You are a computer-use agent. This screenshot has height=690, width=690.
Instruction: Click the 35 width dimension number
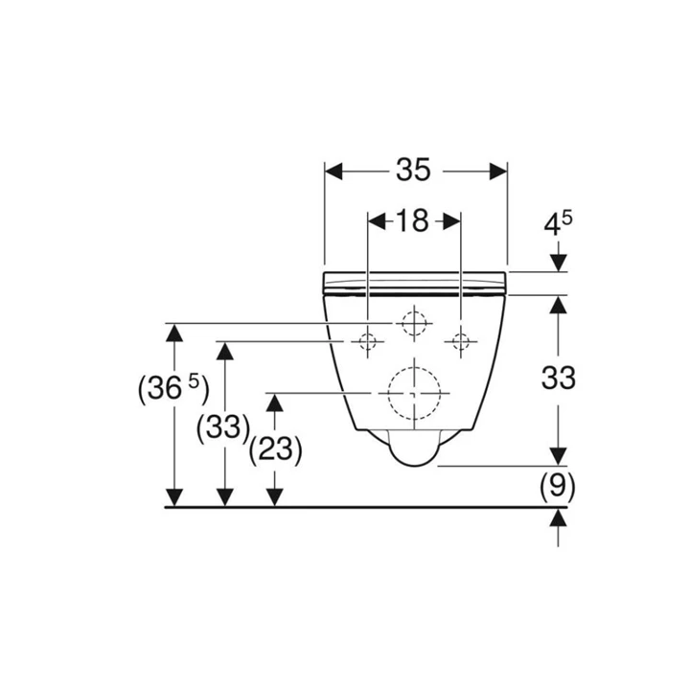click(x=415, y=170)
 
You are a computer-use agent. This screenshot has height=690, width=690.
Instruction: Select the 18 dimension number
click(x=412, y=221)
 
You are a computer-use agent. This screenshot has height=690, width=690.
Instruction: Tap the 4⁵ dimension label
click(x=558, y=225)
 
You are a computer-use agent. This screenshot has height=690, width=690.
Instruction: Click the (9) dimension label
click(x=557, y=488)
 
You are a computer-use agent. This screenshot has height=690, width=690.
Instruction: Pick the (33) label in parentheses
click(x=222, y=426)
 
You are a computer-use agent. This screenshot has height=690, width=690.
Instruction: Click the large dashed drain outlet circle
click(x=413, y=393)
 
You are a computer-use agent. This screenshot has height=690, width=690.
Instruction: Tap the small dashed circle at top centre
click(x=413, y=324)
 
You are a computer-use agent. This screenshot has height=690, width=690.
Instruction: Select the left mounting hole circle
click(x=368, y=341)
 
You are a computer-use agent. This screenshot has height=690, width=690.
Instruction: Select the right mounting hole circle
click(x=461, y=341)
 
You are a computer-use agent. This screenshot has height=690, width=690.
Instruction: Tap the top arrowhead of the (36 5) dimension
click(x=173, y=333)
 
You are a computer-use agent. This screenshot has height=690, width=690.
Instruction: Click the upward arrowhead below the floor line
click(x=559, y=518)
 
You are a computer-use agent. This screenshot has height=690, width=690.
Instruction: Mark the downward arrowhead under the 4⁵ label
click(x=559, y=262)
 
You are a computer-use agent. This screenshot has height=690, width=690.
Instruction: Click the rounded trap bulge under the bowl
click(x=413, y=450)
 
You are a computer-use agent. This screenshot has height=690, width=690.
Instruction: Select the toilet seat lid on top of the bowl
click(x=415, y=281)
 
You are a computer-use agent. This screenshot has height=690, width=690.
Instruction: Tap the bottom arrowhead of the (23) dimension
click(x=275, y=496)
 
